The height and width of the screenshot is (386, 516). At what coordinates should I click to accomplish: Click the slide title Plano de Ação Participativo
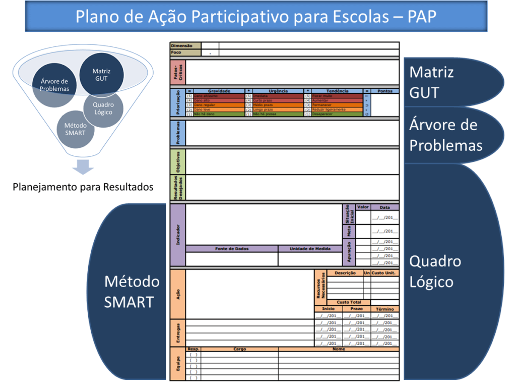pos(255,17)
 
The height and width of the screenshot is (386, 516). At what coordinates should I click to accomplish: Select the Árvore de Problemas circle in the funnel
pos(54,85)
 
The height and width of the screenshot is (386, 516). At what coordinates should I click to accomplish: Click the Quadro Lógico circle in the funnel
pos(103,108)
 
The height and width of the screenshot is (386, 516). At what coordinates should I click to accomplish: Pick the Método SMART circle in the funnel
pos(75,129)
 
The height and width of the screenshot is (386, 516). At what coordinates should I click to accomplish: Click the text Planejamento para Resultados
pos(83,187)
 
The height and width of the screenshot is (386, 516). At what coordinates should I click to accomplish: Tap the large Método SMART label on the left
pos(132,292)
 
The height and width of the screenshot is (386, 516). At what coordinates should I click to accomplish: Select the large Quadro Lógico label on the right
pos(435,271)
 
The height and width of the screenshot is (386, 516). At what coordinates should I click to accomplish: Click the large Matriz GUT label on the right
pos(431,82)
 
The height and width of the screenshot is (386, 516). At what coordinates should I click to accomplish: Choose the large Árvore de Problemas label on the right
pos(445,135)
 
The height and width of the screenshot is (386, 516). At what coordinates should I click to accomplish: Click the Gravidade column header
pos(219,91)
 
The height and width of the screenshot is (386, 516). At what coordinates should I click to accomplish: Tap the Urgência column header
pos(278,91)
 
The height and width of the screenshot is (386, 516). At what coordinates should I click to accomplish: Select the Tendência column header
pos(337,91)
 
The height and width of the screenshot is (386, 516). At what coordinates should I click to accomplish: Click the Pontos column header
pos(385,91)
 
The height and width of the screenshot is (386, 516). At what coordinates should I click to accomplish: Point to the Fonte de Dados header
pos(231,249)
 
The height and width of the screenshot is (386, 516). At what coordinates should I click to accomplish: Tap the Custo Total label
pos(349,302)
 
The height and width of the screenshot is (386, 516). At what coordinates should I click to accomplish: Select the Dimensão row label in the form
pos(182,45)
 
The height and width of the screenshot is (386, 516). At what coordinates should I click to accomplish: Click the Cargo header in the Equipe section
pos(239,349)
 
